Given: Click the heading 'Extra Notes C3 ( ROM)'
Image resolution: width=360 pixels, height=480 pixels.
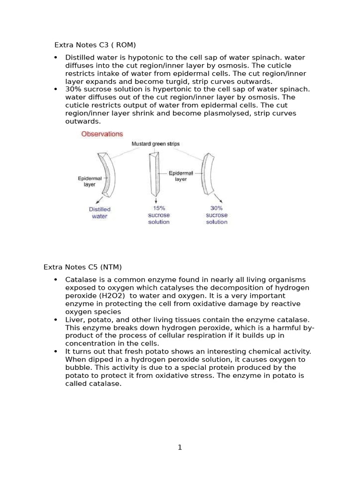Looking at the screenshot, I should pyautogui.click(x=95, y=45).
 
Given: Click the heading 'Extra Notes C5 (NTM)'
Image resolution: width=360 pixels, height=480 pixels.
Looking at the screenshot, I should pyautogui.click(x=82, y=267).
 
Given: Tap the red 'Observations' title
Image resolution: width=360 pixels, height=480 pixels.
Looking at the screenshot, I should pyautogui.click(x=102, y=134).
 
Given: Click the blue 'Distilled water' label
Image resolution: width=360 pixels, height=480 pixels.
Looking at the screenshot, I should pyautogui.click(x=99, y=213).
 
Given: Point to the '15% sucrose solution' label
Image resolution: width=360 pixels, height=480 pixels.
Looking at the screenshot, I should pyautogui.click(x=158, y=215).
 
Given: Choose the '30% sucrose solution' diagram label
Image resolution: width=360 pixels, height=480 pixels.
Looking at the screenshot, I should pyautogui.click(x=217, y=215).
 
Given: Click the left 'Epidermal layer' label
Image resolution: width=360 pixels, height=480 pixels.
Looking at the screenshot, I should pyautogui.click(x=89, y=181).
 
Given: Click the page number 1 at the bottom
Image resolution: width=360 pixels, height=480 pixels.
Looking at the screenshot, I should pyautogui.click(x=180, y=448).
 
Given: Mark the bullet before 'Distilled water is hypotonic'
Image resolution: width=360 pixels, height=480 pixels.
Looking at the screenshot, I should pyautogui.click(x=56, y=58).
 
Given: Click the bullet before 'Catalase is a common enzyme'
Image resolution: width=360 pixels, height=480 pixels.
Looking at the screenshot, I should pyautogui.click(x=56, y=280).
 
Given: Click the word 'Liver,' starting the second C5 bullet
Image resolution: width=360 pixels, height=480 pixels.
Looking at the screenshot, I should pyautogui.click(x=75, y=320).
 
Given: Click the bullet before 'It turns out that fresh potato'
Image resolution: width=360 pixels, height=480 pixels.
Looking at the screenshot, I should pyautogui.click(x=56, y=352).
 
